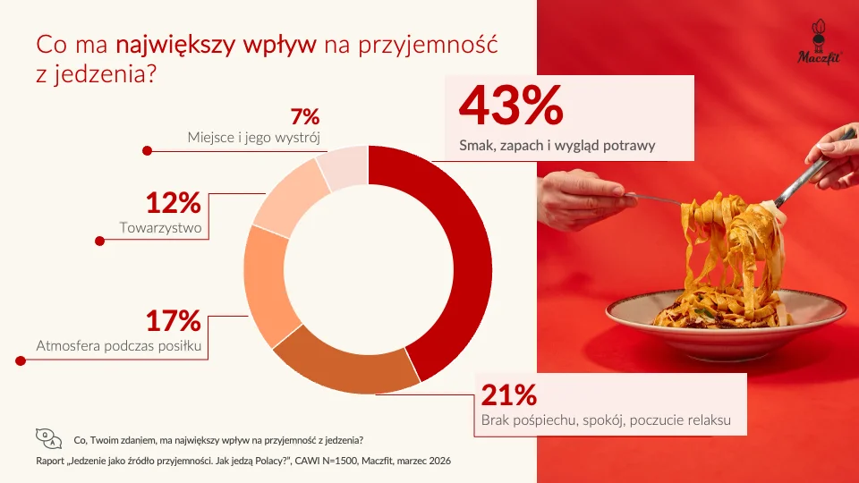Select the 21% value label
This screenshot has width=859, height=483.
pyautogui.click(x=509, y=395)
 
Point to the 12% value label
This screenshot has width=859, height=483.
pyautogui.click(x=173, y=205)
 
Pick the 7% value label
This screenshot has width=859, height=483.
pyautogui.click(x=305, y=116)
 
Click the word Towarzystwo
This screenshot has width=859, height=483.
pyautogui.click(x=160, y=228)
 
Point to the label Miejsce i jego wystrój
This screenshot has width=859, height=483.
pyautogui.click(x=254, y=138)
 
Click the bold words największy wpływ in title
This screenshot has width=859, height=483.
pyautogui.click(x=217, y=44)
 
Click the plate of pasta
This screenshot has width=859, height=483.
pyautogui.click(x=725, y=309)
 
